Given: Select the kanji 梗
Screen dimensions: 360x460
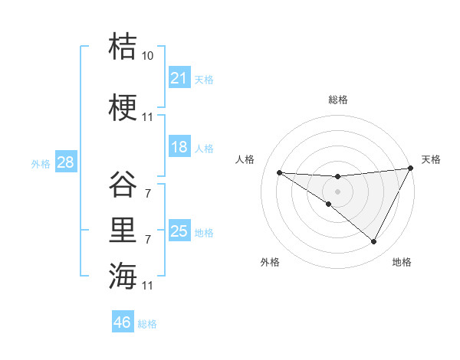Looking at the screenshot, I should (x=123, y=106).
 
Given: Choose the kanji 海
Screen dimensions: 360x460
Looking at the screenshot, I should (x=123, y=275).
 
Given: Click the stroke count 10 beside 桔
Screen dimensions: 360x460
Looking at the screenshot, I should (x=148, y=56).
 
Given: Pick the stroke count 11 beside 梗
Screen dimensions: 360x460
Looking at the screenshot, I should (x=148, y=117).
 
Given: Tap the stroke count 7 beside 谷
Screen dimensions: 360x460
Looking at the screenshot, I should (x=148, y=194).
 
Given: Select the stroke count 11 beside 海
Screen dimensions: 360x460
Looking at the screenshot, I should (x=148, y=286).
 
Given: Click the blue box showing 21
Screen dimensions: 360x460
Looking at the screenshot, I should (x=179, y=78).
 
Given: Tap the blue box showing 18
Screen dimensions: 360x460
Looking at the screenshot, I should (x=179, y=147).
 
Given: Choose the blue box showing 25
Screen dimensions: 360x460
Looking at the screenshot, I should (x=179, y=231).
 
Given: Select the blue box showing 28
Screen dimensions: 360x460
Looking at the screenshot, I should (x=65, y=162).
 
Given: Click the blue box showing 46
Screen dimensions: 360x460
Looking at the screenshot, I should (x=123, y=322).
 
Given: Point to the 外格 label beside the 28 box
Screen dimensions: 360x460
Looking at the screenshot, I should (x=41, y=163).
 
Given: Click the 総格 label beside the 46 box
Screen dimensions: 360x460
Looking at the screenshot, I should (x=147, y=323).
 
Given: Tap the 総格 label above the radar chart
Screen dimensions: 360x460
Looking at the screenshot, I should (x=337, y=100).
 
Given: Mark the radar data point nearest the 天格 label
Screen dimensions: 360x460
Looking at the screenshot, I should (x=411, y=169).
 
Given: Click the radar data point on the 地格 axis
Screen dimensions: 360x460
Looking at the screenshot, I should (x=374, y=242).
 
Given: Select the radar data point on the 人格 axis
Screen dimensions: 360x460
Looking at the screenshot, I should (x=279, y=172).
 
